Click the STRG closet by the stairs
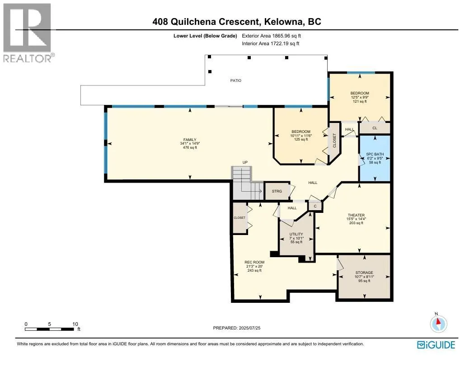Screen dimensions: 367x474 [x=277, y=191]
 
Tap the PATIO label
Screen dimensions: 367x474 [x=235, y=80]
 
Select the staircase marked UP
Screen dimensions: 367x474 [x=247, y=183]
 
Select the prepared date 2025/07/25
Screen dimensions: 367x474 [x=237, y=328]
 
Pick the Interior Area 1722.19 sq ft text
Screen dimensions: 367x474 [x=271, y=43]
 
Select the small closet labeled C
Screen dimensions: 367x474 [x=315, y=206]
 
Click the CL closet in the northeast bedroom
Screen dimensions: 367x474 [x=374, y=128]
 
